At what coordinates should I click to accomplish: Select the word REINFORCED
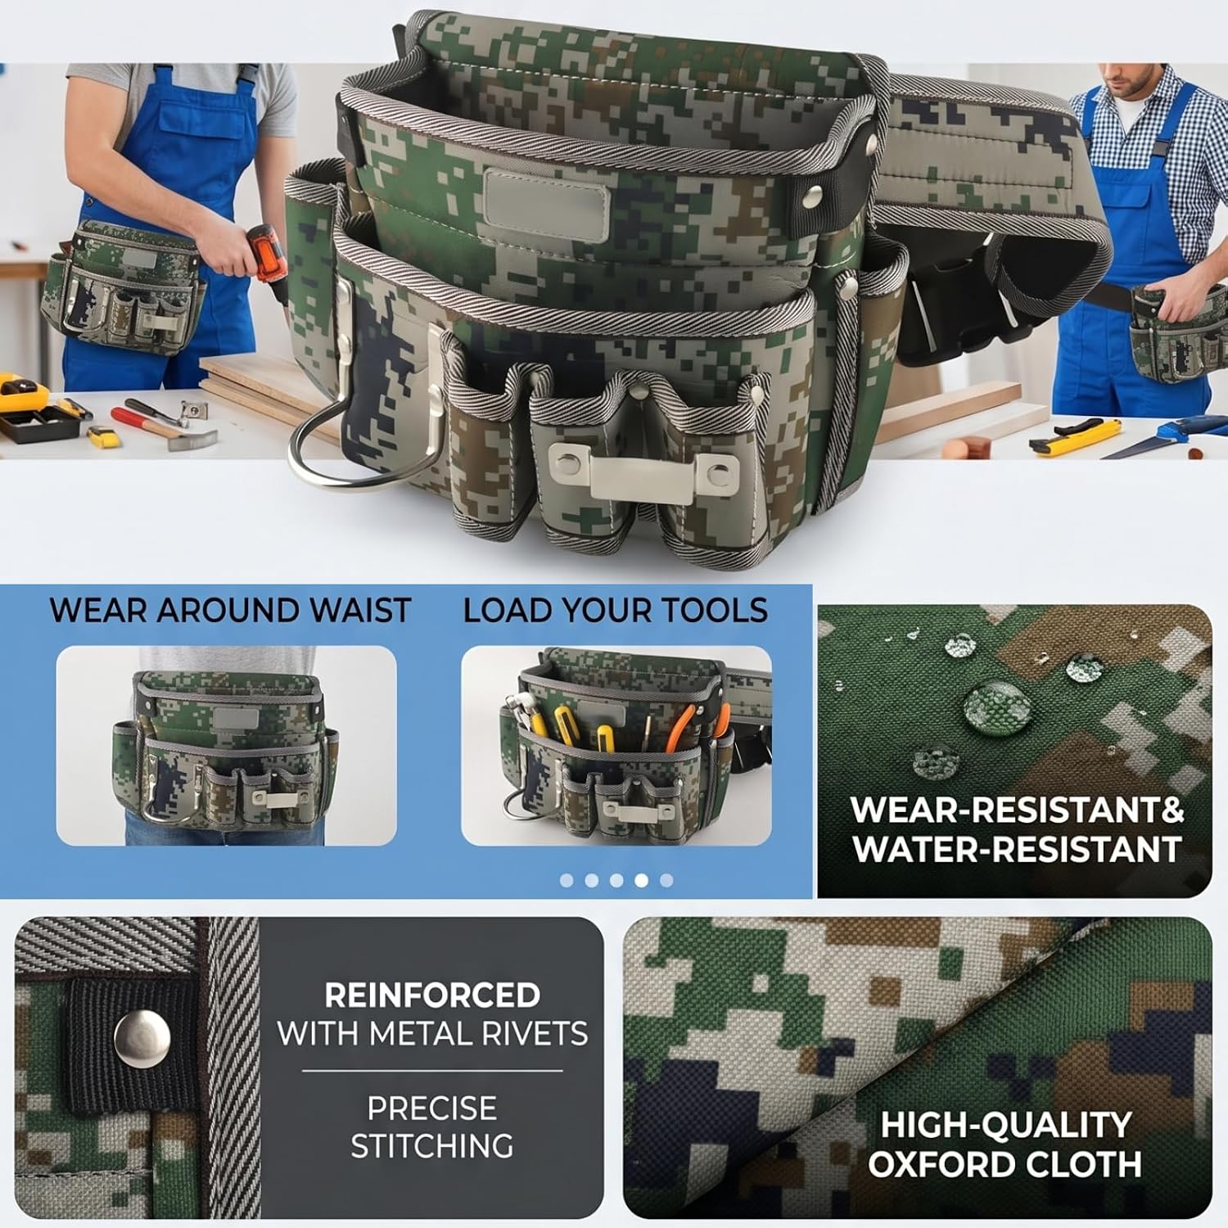click(432, 995)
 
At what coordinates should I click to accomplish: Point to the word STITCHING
click(432, 1145)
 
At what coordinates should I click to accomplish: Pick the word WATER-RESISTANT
click(1017, 849)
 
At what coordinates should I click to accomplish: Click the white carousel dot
click(642, 880)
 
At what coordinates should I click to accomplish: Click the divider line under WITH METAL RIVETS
click(432, 1071)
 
